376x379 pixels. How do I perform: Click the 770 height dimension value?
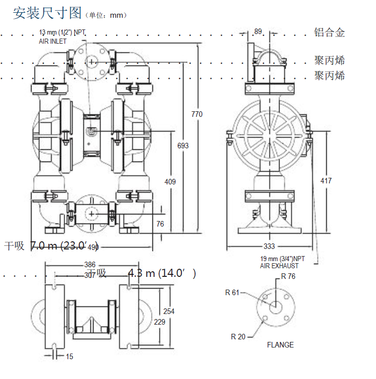point(197,114)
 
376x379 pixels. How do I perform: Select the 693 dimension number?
point(183,146)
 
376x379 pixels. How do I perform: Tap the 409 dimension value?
point(170,180)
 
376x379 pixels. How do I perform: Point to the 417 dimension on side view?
point(326,181)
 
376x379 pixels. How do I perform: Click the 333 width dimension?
point(269,246)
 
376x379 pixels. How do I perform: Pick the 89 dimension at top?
point(258,31)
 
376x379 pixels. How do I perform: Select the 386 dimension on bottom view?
point(89,265)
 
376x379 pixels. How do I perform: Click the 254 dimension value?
point(169,311)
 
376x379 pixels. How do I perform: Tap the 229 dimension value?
point(160,322)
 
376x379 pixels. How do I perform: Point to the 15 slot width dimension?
point(70,357)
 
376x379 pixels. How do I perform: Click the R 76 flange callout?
point(288,277)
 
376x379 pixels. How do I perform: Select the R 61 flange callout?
point(232,292)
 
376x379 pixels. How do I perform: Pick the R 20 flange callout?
point(238,336)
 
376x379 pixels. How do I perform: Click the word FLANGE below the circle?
point(280,345)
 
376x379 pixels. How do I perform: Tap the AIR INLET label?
point(53,41)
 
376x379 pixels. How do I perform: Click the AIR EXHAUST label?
point(279,266)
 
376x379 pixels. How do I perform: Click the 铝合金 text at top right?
point(329,33)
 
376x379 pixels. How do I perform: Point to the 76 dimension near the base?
point(160,224)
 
